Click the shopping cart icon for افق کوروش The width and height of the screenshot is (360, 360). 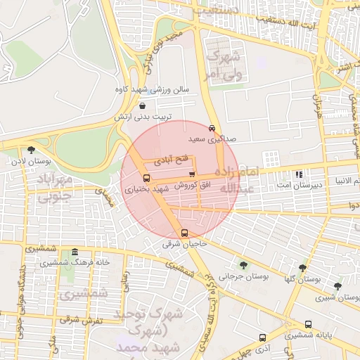click(x=191, y=174)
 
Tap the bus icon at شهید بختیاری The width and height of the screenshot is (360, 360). click(x=146, y=178)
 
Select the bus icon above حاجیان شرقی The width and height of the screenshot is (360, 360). click(x=184, y=233)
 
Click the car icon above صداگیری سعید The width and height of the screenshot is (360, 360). click(x=212, y=128)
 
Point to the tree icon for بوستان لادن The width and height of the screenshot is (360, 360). click(x=31, y=149)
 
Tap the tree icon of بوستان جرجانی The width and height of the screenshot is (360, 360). click(x=243, y=265)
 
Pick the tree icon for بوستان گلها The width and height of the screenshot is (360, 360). click(x=302, y=268)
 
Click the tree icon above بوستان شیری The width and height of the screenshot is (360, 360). click(x=337, y=286)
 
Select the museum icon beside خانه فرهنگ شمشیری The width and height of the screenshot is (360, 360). click(x=74, y=251)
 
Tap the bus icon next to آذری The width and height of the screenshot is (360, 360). click(x=262, y=337)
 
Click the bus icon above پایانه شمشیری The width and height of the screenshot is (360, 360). click(x=308, y=324)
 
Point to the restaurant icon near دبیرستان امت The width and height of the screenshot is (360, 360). click(x=299, y=174)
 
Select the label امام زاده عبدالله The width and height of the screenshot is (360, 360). click(x=240, y=180)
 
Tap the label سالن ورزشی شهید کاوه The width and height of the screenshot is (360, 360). click(x=152, y=91)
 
